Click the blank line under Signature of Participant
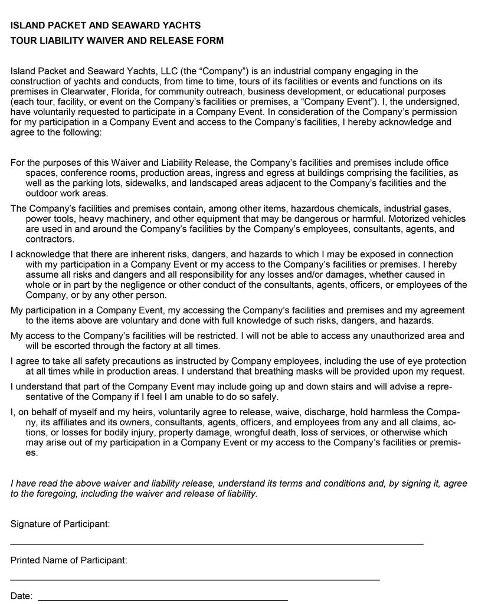point(217,542)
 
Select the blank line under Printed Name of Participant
point(195,579)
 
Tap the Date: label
point(21,596)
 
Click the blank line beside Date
point(163,599)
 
